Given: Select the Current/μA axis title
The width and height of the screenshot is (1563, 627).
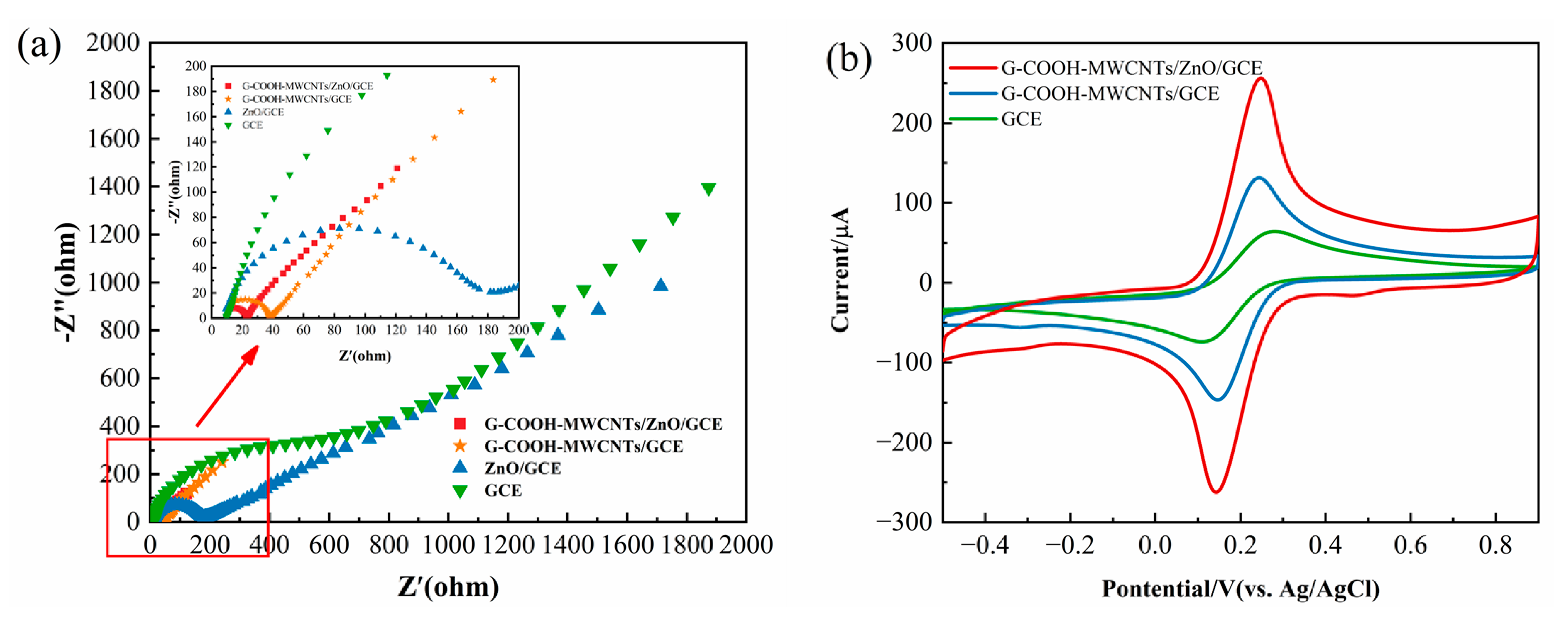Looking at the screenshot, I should point(841,270).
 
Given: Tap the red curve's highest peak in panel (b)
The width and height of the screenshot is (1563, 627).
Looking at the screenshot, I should point(1261,78).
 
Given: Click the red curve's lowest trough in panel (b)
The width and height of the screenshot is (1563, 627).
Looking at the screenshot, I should point(1216,492).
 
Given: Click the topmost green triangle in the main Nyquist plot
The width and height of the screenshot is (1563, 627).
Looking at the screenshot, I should point(708,190).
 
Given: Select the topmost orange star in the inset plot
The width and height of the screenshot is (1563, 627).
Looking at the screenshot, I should point(493,79).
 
